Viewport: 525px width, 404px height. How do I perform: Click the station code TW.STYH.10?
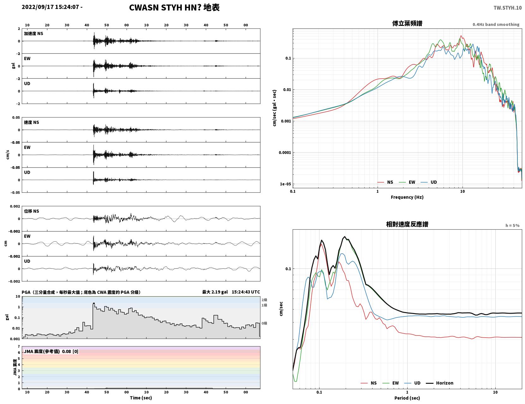(507, 8)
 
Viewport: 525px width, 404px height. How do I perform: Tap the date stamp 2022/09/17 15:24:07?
(50, 7)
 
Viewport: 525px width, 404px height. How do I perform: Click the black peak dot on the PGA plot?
(94, 304)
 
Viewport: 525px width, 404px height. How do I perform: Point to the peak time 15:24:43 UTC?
(246, 292)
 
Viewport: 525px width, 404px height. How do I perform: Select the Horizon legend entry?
(439, 383)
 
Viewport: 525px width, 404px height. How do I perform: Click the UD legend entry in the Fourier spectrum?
(429, 182)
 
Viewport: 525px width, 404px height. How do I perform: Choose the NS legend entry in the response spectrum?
(368, 383)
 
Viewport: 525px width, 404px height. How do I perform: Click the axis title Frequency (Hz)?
(407, 197)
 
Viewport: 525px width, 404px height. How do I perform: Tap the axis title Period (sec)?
(407, 398)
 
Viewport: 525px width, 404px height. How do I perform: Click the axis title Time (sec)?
(141, 398)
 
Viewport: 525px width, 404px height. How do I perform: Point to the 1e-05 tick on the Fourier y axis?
(285, 184)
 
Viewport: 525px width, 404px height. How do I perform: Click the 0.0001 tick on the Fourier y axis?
(285, 153)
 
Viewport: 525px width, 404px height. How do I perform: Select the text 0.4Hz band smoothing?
(496, 24)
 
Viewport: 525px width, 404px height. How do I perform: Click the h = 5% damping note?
(512, 226)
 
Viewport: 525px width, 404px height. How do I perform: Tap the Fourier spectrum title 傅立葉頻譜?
(407, 23)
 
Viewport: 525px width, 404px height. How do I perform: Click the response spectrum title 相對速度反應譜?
(407, 224)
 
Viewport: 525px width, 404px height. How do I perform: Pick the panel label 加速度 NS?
(33, 33)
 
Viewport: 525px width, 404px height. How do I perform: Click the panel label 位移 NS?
(31, 211)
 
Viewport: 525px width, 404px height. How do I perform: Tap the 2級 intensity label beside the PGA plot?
(264, 300)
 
